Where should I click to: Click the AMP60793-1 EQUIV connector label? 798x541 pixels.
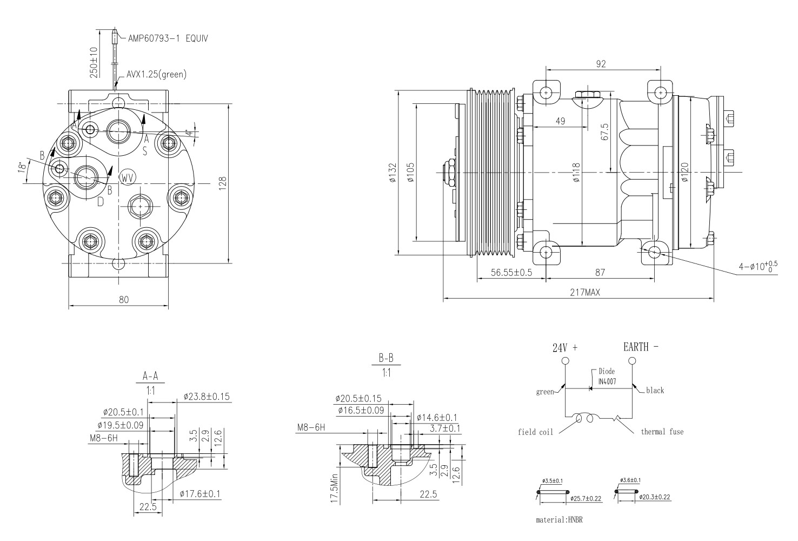coord(168,38)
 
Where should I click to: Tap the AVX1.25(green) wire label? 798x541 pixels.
coord(156,75)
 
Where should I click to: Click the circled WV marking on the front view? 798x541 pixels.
coord(127,177)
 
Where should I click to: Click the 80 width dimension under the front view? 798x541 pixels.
coord(124,300)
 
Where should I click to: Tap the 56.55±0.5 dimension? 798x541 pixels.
coord(511,272)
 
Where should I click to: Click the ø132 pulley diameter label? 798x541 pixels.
coord(393,173)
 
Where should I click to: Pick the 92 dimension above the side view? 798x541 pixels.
coord(601,64)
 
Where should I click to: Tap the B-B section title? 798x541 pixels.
coord(385,358)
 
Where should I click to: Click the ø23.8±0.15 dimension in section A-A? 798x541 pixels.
coord(207,397)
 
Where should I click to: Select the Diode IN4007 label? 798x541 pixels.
coord(607,377)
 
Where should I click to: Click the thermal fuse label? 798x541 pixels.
coord(662,432)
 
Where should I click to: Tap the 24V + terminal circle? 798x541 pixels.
coord(565,361)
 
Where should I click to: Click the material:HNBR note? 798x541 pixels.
coord(559,519)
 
